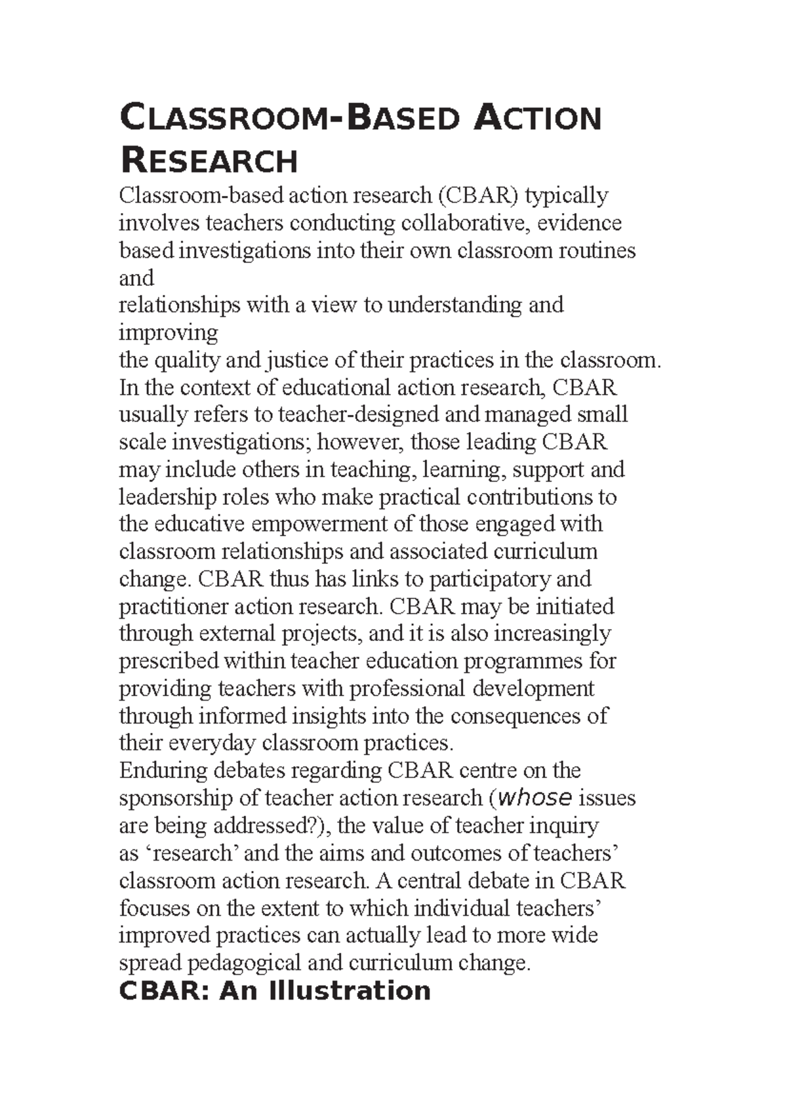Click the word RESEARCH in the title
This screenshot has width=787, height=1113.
(209, 161)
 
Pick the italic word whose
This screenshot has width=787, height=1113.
(535, 798)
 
